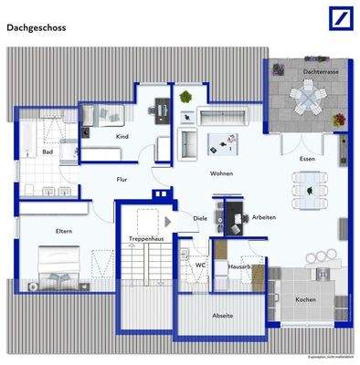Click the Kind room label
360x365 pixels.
tap(122, 136)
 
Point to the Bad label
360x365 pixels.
tap(48, 151)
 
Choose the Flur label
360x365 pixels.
tap(122, 180)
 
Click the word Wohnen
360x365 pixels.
tap(221, 172)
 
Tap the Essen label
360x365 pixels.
tap(308, 161)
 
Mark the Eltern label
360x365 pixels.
tap(64, 231)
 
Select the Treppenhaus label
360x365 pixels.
tap(145, 238)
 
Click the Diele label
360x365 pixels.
tap(200, 219)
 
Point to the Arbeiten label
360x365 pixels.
tap(266, 217)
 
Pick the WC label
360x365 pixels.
tap(199, 265)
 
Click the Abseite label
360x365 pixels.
tap(222, 315)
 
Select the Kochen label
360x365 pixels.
tap(305, 299)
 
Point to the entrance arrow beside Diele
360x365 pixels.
tap(170, 222)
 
